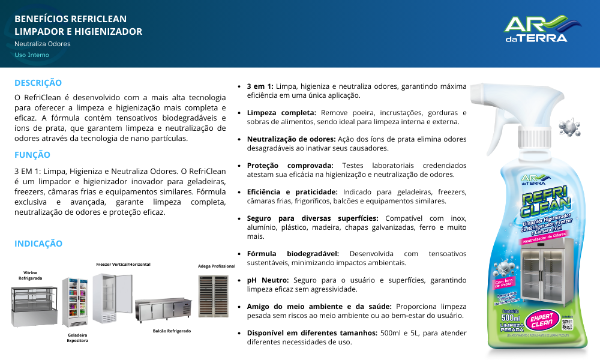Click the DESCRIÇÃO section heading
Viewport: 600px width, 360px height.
(x=38, y=83)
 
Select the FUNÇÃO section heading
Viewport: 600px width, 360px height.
(x=32, y=154)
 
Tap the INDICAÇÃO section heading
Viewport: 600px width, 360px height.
(x=38, y=244)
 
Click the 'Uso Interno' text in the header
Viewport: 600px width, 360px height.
(x=32, y=55)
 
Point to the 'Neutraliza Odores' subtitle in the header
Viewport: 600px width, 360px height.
(x=42, y=44)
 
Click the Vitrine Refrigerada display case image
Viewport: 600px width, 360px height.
(x=35, y=305)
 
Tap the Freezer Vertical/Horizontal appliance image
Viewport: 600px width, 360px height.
(x=112, y=298)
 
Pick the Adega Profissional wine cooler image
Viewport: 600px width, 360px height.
(x=213, y=296)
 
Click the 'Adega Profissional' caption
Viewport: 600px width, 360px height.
(x=217, y=266)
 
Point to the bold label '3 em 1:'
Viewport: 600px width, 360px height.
(x=260, y=86)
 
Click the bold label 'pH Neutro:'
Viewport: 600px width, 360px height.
(x=268, y=280)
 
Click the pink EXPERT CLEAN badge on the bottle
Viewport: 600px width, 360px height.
(x=541, y=321)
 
